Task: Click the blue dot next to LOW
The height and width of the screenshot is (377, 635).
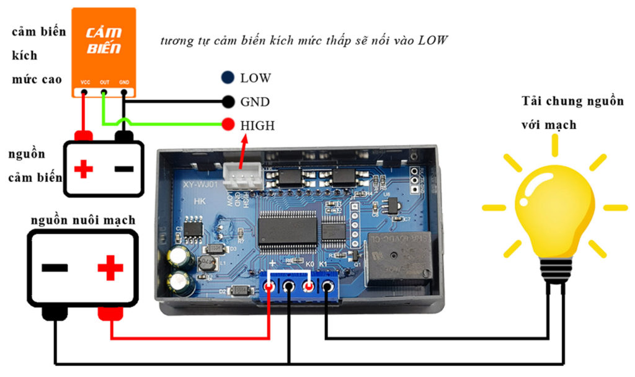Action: [x=228, y=78]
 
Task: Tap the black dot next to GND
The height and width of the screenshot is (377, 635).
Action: [x=228, y=101]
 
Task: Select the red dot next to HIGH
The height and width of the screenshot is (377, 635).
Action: [x=228, y=125]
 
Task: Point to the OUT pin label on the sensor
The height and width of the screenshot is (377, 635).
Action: [x=104, y=82]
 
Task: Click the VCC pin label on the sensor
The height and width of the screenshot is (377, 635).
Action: [x=85, y=82]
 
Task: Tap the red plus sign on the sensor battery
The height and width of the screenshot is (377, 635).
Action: [x=84, y=168]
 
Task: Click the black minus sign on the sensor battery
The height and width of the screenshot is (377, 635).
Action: [x=124, y=168]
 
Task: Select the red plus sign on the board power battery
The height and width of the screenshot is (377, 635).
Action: [x=110, y=268]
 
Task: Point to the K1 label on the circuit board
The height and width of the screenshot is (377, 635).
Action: [x=323, y=265]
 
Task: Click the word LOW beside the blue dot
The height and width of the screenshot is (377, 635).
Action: [x=255, y=78]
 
